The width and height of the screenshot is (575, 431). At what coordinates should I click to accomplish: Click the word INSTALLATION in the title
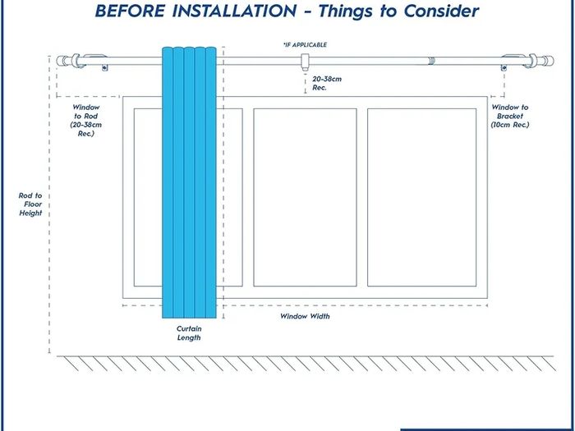tap(234, 11)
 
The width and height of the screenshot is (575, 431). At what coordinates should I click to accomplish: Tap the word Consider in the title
tap(441, 11)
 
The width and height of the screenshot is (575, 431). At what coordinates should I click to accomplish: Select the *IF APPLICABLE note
tap(305, 44)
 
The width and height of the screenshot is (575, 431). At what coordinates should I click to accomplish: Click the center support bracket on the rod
tap(305, 62)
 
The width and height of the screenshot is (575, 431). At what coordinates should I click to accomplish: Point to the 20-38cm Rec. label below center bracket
tap(327, 83)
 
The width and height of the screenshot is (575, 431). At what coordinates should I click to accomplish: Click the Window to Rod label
tap(86, 120)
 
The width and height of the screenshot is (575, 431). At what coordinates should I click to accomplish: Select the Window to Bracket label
tap(510, 116)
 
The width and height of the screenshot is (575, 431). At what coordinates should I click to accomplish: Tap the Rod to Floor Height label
tap(30, 204)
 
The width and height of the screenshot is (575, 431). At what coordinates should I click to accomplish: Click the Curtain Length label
tap(189, 333)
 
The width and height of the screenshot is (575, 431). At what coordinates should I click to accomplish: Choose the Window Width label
tap(305, 316)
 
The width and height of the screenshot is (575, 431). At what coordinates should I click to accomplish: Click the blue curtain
tap(189, 182)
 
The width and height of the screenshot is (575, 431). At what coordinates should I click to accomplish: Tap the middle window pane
tap(305, 197)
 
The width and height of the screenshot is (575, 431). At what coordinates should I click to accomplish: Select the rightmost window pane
tap(421, 197)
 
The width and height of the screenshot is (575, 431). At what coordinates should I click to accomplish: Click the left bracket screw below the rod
tap(105, 68)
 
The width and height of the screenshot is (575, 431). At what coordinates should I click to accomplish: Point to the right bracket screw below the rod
tap(504, 68)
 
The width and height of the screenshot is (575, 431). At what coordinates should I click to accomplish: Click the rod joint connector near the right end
tap(431, 61)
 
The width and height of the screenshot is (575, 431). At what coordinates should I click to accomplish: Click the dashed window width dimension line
tap(305, 305)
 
